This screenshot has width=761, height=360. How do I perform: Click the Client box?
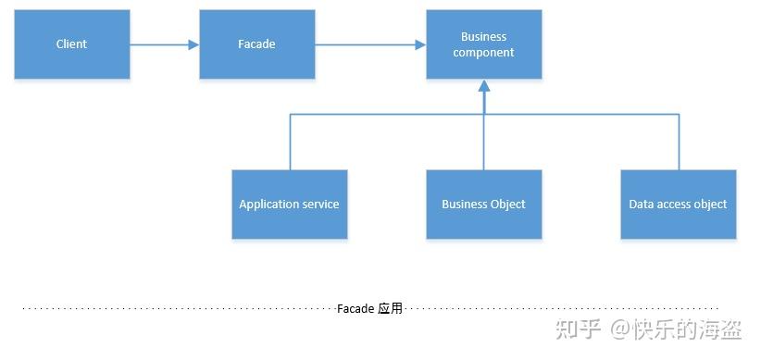(x=71, y=43)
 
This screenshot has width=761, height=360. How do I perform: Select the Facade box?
(x=256, y=43)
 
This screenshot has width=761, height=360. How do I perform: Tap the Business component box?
(x=483, y=44)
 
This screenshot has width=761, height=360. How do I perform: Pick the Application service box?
(x=289, y=205)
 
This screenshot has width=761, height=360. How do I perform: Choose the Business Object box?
(x=483, y=205)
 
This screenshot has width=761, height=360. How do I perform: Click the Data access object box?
(x=678, y=205)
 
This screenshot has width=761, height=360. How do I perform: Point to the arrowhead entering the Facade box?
(x=193, y=43)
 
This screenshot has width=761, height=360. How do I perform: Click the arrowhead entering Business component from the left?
(x=420, y=43)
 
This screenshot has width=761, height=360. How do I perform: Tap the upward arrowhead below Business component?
(x=483, y=86)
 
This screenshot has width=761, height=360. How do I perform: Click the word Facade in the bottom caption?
(x=356, y=308)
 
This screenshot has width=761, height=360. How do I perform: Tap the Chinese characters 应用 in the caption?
(x=391, y=308)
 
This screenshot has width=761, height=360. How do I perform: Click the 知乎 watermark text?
(x=577, y=329)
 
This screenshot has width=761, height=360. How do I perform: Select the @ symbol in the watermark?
(x=618, y=329)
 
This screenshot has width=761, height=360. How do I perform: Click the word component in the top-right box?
(x=483, y=53)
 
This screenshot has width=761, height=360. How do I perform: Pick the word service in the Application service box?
(x=320, y=205)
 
